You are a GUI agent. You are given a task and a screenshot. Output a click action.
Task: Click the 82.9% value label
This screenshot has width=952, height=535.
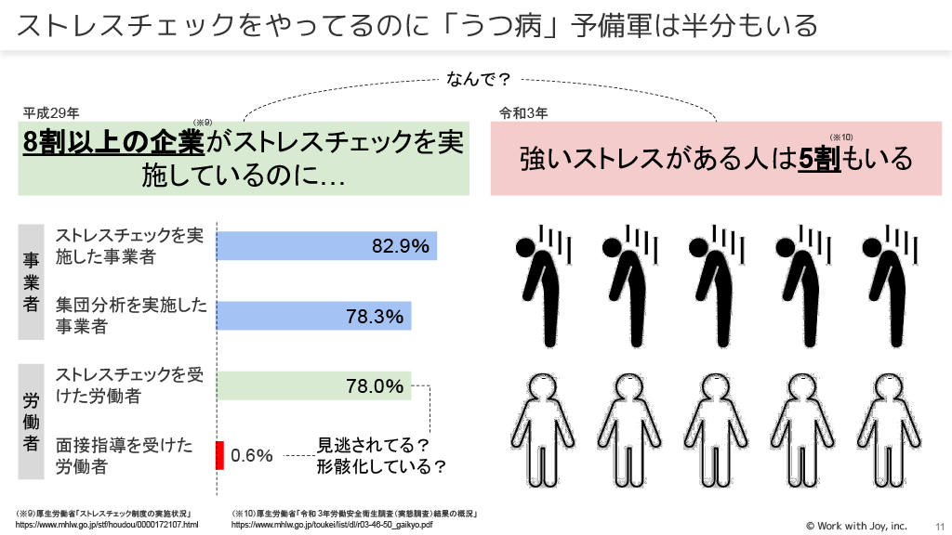click(401, 246)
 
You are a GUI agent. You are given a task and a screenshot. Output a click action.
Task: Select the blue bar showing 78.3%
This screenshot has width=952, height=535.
click(313, 316)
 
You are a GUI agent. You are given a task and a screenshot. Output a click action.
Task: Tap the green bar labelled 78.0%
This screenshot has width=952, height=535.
click(313, 385)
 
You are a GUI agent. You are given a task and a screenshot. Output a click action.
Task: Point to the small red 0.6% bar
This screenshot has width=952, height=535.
click(220, 455)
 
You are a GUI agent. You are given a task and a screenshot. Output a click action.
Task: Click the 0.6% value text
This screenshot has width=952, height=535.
click(252, 456)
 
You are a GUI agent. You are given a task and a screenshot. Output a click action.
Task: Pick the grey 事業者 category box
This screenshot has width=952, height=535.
click(31, 281)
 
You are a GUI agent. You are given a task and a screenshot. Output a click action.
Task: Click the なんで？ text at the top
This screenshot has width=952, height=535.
click(480, 79)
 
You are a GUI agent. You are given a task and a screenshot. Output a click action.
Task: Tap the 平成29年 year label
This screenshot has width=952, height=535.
click(51, 113)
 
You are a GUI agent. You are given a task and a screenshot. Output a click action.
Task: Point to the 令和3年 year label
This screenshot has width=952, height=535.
click(523, 113)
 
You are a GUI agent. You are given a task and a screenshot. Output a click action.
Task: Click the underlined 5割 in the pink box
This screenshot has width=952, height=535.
click(820, 158)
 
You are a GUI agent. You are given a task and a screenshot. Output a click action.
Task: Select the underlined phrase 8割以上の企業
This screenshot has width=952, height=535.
click(114, 143)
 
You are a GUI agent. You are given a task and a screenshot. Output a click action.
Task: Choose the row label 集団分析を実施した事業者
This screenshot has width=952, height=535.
click(130, 316)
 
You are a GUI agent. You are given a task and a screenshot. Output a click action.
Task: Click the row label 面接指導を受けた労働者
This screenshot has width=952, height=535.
click(125, 455)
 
